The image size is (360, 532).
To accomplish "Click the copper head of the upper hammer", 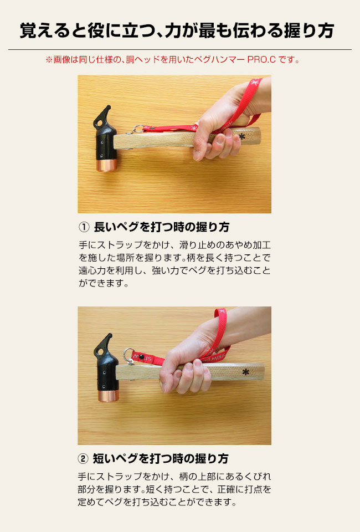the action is [x=106, y=165].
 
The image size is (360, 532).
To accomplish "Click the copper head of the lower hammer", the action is [x=109, y=396].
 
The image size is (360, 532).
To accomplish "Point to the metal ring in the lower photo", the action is [x=129, y=356].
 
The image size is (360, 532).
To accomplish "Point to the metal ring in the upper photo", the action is [x=138, y=129].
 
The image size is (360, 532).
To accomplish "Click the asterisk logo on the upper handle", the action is [x=241, y=137].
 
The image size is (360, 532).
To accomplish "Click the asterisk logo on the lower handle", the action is [x=246, y=372].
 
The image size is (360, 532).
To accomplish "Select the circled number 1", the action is [x=84, y=227].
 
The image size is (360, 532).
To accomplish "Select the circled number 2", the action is [x=83, y=459].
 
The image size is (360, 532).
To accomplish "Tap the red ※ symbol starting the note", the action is [x=49, y=60].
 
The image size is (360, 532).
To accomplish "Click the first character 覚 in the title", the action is [x=28, y=30].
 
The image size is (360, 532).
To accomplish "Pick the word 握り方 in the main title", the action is [x=309, y=30].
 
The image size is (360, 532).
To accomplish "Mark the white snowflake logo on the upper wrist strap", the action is [x=255, y=83].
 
